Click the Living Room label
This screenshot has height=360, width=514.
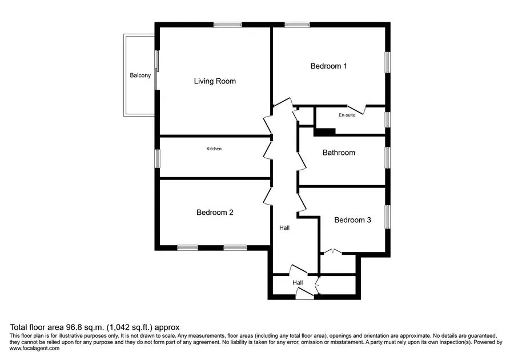(215, 81)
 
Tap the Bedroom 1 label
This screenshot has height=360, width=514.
(328, 66)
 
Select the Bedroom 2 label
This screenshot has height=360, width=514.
(215, 213)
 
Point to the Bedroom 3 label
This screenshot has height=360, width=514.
(352, 220)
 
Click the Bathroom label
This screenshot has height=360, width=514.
(339, 153)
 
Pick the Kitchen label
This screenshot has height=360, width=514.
(214, 149)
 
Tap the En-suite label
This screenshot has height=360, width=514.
(347, 115)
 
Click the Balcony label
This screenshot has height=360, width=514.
(140, 75)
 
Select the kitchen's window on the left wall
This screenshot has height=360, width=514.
(158, 158)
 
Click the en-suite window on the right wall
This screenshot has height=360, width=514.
(387, 119)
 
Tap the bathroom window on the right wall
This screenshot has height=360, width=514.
(387, 158)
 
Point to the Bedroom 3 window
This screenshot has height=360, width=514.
(387, 217)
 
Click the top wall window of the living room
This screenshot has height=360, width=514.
(227, 25)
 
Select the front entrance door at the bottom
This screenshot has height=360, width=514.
(304, 294)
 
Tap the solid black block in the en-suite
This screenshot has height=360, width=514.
(324, 132)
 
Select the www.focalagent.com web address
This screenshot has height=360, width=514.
(34, 349)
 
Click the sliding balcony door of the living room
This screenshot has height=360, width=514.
(156, 70)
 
